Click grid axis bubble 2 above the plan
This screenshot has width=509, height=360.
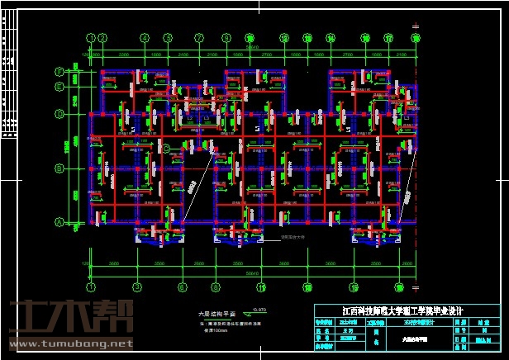point(102,37)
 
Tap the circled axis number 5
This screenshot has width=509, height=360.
point(199,37)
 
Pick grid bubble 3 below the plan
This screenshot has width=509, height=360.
point(145,288)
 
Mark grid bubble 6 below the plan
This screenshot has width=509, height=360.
point(199,288)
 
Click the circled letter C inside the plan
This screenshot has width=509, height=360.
point(165,149)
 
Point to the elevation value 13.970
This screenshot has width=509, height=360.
point(259,309)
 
